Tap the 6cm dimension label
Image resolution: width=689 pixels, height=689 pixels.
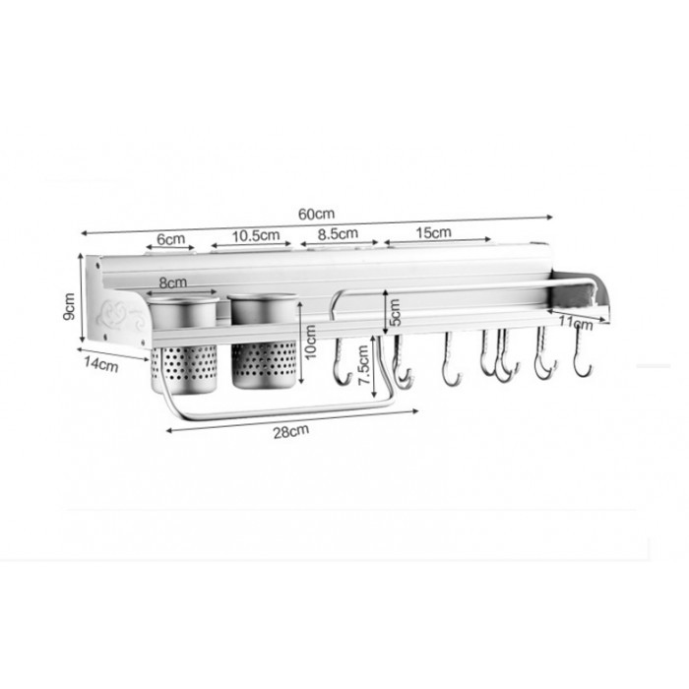coord(170,239)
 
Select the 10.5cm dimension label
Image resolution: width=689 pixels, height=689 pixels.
coord(257,236)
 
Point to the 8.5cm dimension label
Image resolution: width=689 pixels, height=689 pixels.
coord(339,234)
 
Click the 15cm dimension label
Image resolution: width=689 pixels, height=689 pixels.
coord(434,232)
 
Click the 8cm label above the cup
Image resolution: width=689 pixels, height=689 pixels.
coord(171,282)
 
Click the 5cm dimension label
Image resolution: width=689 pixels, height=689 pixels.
coord(393,312)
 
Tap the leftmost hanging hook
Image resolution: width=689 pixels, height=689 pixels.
coord(342,361)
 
